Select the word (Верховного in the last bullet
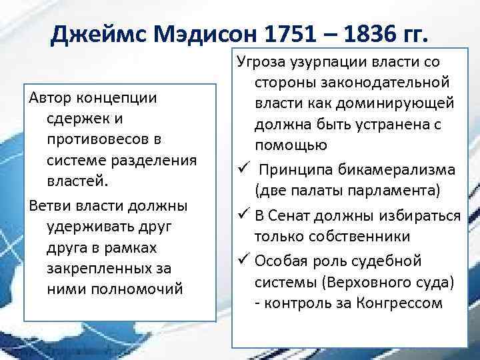[x=358, y=282]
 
